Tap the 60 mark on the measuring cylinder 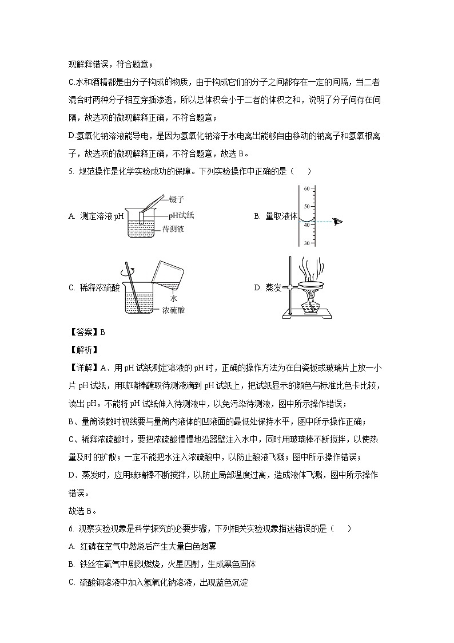tap(306, 188)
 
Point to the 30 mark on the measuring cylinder tap(306, 243)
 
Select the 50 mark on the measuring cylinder tap(306, 206)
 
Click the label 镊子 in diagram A tap(177, 199)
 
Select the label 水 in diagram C tap(173, 299)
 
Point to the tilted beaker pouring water tap(169, 274)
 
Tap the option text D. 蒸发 tap(268, 287)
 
